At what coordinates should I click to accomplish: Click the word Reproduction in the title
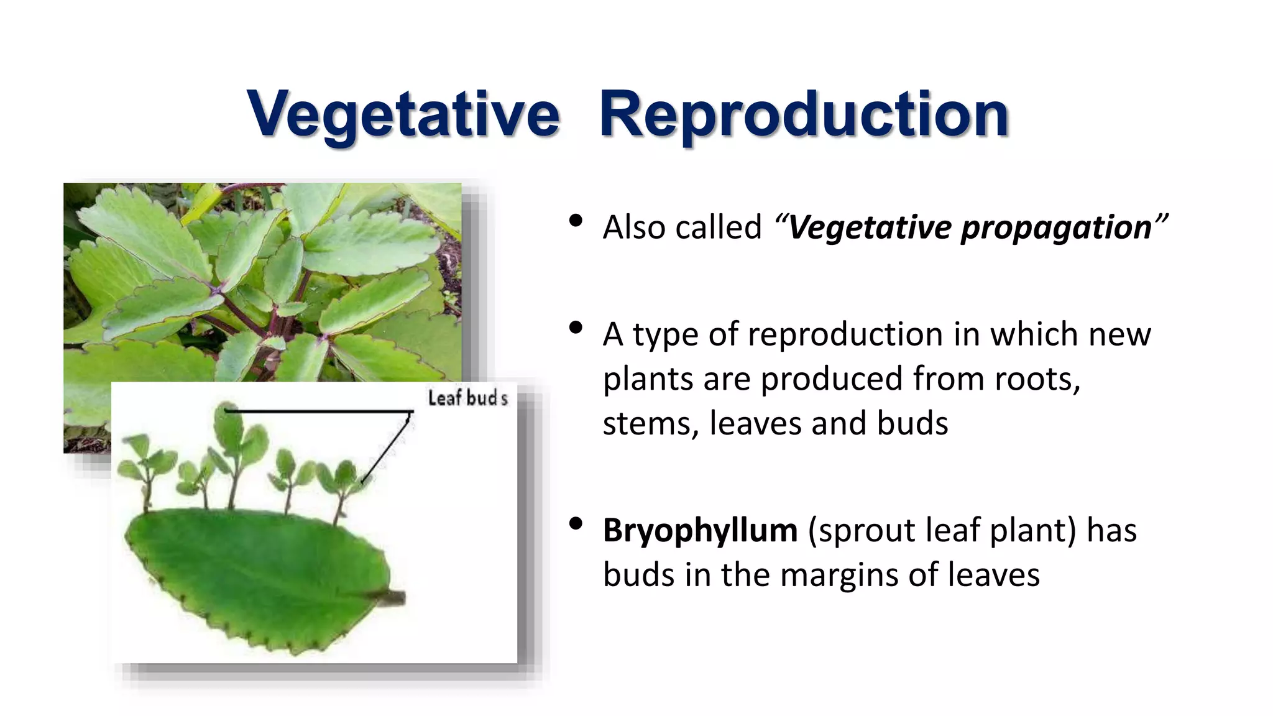click(803, 115)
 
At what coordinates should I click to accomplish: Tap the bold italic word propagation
click(1056, 227)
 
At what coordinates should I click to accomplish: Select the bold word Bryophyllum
click(700, 531)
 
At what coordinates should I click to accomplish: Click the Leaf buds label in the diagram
click(467, 398)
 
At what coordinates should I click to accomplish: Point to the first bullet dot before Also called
click(576, 221)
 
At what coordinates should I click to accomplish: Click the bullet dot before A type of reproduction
click(576, 328)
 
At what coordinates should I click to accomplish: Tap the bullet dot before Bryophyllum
click(576, 524)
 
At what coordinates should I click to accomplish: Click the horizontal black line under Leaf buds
click(317, 411)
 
